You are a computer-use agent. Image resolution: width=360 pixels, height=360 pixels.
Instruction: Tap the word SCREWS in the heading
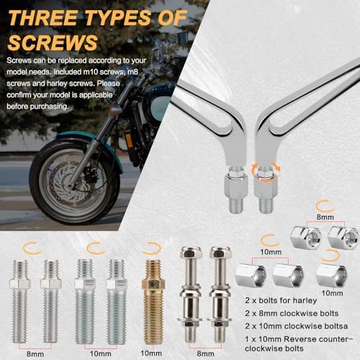pyautogui.click(x=53, y=42)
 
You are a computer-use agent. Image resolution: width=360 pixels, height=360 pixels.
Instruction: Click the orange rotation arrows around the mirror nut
pyautogui.click(x=266, y=171)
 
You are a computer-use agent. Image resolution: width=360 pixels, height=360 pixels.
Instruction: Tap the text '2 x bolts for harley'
pyautogui.click(x=281, y=300)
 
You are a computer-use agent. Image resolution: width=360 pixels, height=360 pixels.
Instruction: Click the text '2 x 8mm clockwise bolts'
pyautogui.click(x=292, y=313)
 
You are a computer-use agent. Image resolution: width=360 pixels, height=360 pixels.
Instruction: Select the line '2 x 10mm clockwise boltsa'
pyautogui.click(x=297, y=326)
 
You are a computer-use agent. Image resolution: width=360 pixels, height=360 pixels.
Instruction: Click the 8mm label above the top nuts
pyautogui.click(x=325, y=217)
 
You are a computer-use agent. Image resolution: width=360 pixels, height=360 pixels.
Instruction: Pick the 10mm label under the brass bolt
pyautogui.click(x=151, y=353)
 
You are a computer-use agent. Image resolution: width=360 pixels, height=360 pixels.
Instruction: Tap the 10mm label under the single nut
pyautogui.click(x=332, y=293)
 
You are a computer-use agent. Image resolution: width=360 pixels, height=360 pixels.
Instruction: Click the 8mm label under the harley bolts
pyautogui.click(x=205, y=354)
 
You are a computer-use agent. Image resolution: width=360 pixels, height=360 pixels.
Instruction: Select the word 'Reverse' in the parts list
pyautogui.click(x=299, y=339)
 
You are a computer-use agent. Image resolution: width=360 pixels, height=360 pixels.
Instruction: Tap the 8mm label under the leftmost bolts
pyautogui.click(x=35, y=354)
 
